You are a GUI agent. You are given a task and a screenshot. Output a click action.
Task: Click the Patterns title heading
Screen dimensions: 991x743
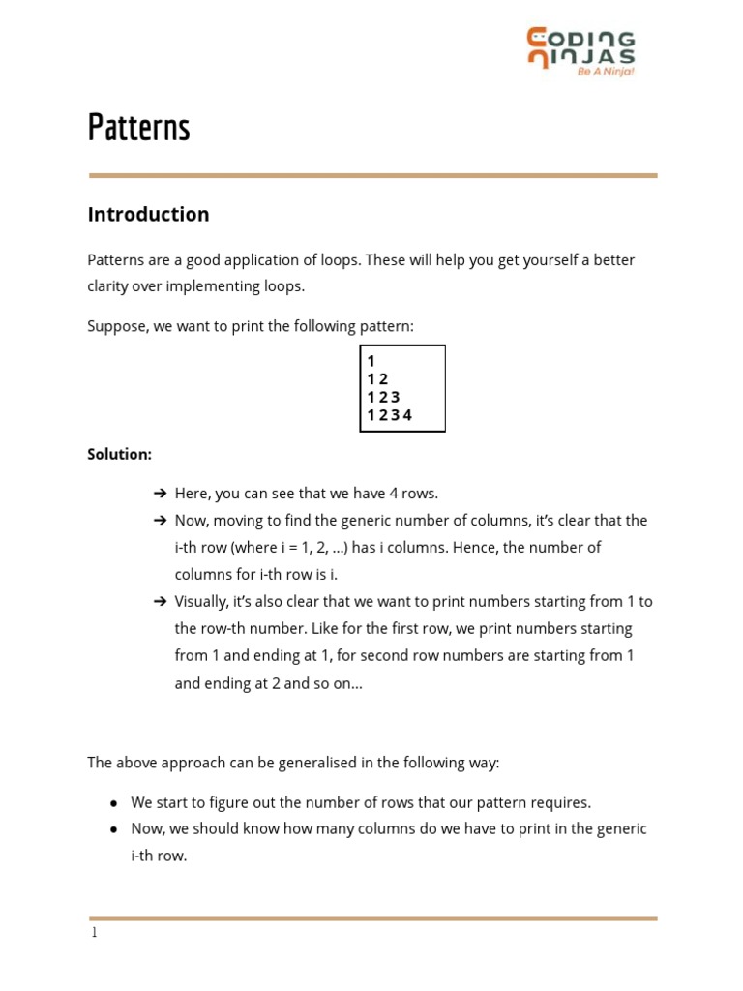[138, 128]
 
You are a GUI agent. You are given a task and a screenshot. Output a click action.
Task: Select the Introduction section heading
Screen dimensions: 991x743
[148, 215]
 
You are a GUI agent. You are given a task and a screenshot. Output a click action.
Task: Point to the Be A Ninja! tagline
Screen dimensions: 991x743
[606, 71]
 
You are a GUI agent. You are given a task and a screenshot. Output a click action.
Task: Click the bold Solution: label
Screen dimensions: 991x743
[120, 454]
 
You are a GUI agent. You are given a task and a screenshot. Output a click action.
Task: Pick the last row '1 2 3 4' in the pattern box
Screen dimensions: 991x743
[389, 415]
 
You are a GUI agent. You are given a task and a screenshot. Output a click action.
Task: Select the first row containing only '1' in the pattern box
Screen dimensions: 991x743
[371, 361]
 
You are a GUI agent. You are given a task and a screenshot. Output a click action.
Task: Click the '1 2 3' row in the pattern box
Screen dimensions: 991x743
[383, 397]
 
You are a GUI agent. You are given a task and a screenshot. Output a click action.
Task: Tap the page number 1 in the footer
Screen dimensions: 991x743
[94, 933]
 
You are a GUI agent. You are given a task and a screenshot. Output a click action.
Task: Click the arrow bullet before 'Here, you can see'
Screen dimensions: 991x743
[161, 494]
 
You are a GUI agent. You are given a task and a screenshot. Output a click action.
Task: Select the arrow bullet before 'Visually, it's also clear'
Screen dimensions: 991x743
[161, 602]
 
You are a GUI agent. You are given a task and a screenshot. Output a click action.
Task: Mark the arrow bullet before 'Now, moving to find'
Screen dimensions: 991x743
[161, 521]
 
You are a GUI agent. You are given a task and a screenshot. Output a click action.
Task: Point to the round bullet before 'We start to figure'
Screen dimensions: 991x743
[114, 803]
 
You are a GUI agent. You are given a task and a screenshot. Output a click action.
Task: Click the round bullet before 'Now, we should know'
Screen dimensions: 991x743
[114, 830]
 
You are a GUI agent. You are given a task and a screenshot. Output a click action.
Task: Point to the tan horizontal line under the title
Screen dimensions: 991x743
[372, 175]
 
